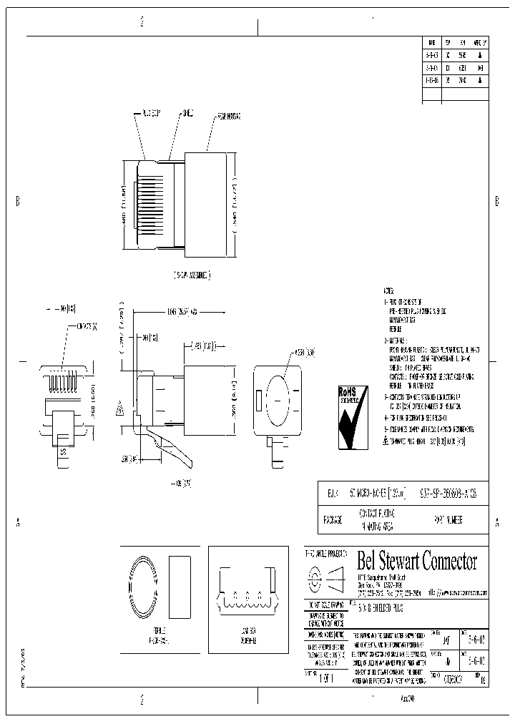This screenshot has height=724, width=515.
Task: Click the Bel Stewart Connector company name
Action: [x=416, y=562]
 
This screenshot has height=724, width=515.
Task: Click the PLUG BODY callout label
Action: [x=152, y=114]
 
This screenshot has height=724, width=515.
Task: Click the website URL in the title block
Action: [x=462, y=593]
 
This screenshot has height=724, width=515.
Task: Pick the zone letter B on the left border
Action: [x=17, y=201]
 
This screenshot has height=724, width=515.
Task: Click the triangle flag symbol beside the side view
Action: [x=119, y=411]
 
